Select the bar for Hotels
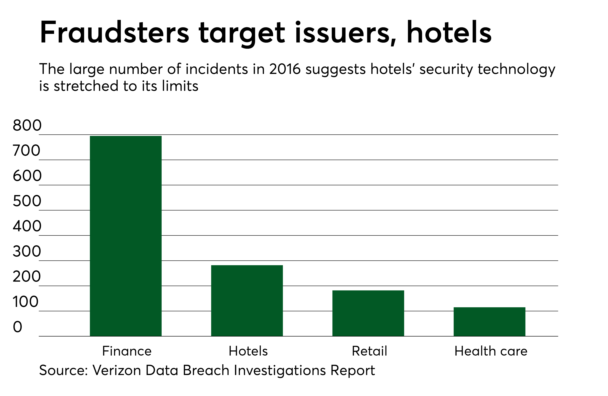coord(247,301)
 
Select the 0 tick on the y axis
coord(17,327)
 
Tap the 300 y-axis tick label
coord(27,251)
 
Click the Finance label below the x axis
coord(127,351)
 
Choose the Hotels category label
coord(248,351)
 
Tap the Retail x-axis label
coord(369,351)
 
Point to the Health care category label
coord(491,351)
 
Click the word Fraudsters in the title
coord(114,33)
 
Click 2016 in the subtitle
coord(284,69)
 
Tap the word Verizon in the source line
coord(116,370)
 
